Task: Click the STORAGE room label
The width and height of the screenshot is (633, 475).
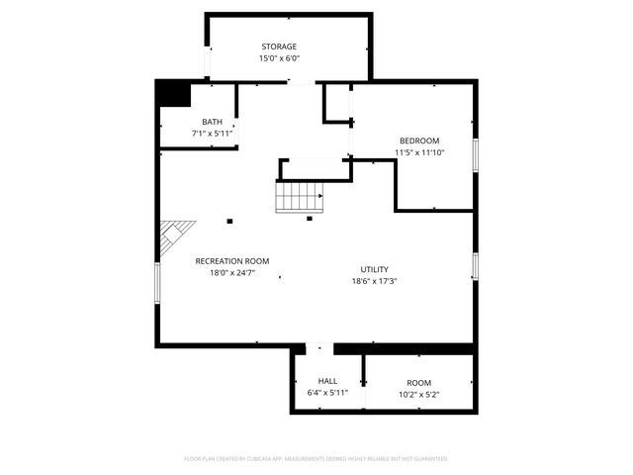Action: click(279, 47)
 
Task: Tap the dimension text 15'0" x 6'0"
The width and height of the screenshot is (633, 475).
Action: click(279, 58)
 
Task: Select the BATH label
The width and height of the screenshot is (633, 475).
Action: click(212, 122)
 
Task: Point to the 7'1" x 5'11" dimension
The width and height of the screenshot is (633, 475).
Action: click(212, 133)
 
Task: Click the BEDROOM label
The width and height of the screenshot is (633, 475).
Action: click(419, 141)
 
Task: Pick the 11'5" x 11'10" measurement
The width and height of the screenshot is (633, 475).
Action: click(419, 152)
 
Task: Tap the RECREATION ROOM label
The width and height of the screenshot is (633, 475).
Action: click(232, 261)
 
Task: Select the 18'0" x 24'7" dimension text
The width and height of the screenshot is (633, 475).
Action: click(232, 273)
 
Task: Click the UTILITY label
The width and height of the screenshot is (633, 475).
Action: click(374, 269)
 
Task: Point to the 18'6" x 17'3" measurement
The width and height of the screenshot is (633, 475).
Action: click(374, 281)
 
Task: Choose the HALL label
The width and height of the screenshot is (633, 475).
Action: click(327, 381)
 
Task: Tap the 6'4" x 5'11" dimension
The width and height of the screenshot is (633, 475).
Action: click(327, 393)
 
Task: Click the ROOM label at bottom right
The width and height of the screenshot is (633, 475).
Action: click(419, 383)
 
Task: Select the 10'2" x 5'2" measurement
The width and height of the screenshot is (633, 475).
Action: click(419, 395)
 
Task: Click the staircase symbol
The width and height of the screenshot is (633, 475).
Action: click(300, 197)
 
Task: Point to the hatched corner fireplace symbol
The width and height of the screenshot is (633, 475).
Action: click(169, 237)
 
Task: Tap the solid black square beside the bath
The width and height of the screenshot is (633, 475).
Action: click(173, 93)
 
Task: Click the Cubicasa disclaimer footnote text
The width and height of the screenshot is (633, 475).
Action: click(316, 459)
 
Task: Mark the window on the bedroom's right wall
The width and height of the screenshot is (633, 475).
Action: click(476, 153)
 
